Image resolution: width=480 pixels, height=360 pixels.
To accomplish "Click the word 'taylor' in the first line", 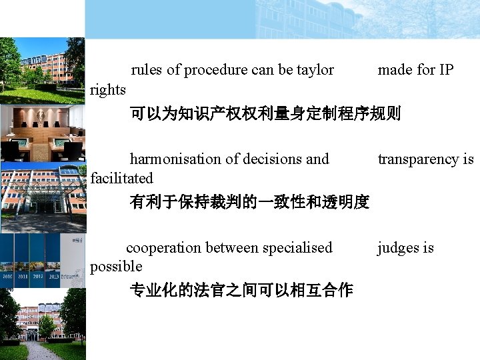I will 315,70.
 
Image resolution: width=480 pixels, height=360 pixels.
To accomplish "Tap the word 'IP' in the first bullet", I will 445,70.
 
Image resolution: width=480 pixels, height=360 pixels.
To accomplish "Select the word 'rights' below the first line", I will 108,89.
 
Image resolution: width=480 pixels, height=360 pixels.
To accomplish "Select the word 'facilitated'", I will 121,178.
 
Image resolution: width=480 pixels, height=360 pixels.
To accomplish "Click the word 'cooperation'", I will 163,248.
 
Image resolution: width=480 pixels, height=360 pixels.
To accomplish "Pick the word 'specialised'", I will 297,248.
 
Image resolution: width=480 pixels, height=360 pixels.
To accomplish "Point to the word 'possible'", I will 116,267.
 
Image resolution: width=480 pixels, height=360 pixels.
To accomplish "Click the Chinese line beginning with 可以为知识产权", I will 265,114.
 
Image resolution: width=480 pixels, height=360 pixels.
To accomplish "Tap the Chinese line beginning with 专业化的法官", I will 241,291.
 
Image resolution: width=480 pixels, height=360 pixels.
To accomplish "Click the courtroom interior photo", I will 43,133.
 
